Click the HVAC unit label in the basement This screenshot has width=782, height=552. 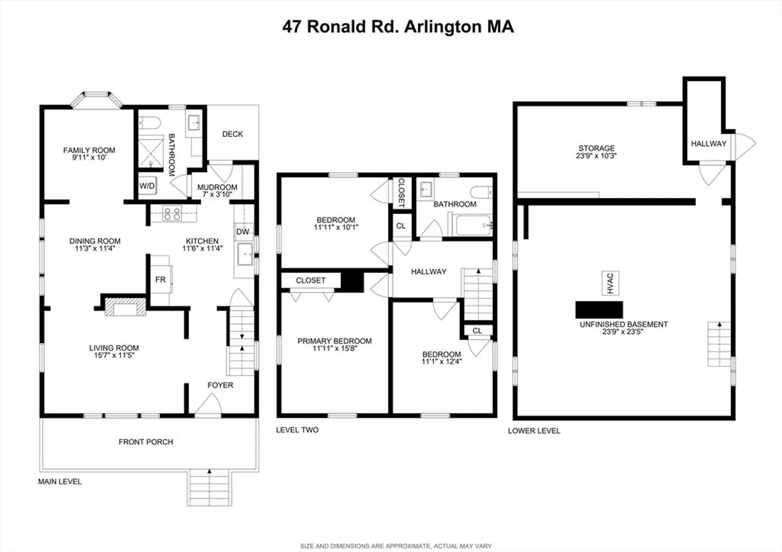pyautogui.click(x=610, y=283)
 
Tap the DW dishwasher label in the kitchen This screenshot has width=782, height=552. pyautogui.click(x=243, y=232)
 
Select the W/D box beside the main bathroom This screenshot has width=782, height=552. pyautogui.click(x=147, y=186)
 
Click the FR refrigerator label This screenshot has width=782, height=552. pyautogui.click(x=160, y=280)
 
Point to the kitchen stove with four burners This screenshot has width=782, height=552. pyautogui.click(x=172, y=213)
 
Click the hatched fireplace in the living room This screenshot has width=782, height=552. pyautogui.click(x=126, y=307)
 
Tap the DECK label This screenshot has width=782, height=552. pyautogui.click(x=233, y=134)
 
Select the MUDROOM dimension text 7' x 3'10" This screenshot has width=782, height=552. pyautogui.click(x=217, y=194)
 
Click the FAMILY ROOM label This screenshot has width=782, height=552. pyautogui.click(x=89, y=150)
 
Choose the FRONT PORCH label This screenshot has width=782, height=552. pyautogui.click(x=146, y=442)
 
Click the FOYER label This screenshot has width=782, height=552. pyautogui.click(x=220, y=385)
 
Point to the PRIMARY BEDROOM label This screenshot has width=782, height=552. pyautogui.click(x=334, y=341)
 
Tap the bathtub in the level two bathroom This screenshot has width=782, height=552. pyautogui.click(x=470, y=225)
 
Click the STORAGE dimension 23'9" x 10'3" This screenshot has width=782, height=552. pyautogui.click(x=596, y=156)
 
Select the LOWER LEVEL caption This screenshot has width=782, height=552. pyautogui.click(x=534, y=431)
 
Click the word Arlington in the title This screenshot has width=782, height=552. pyautogui.click(x=442, y=27)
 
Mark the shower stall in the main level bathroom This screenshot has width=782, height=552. pyautogui.click(x=151, y=153)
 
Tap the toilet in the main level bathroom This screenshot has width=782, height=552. pyautogui.click(x=149, y=123)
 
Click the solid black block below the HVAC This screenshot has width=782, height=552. pyautogui.click(x=599, y=310)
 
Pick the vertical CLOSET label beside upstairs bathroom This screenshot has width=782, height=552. pyautogui.click(x=401, y=193)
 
